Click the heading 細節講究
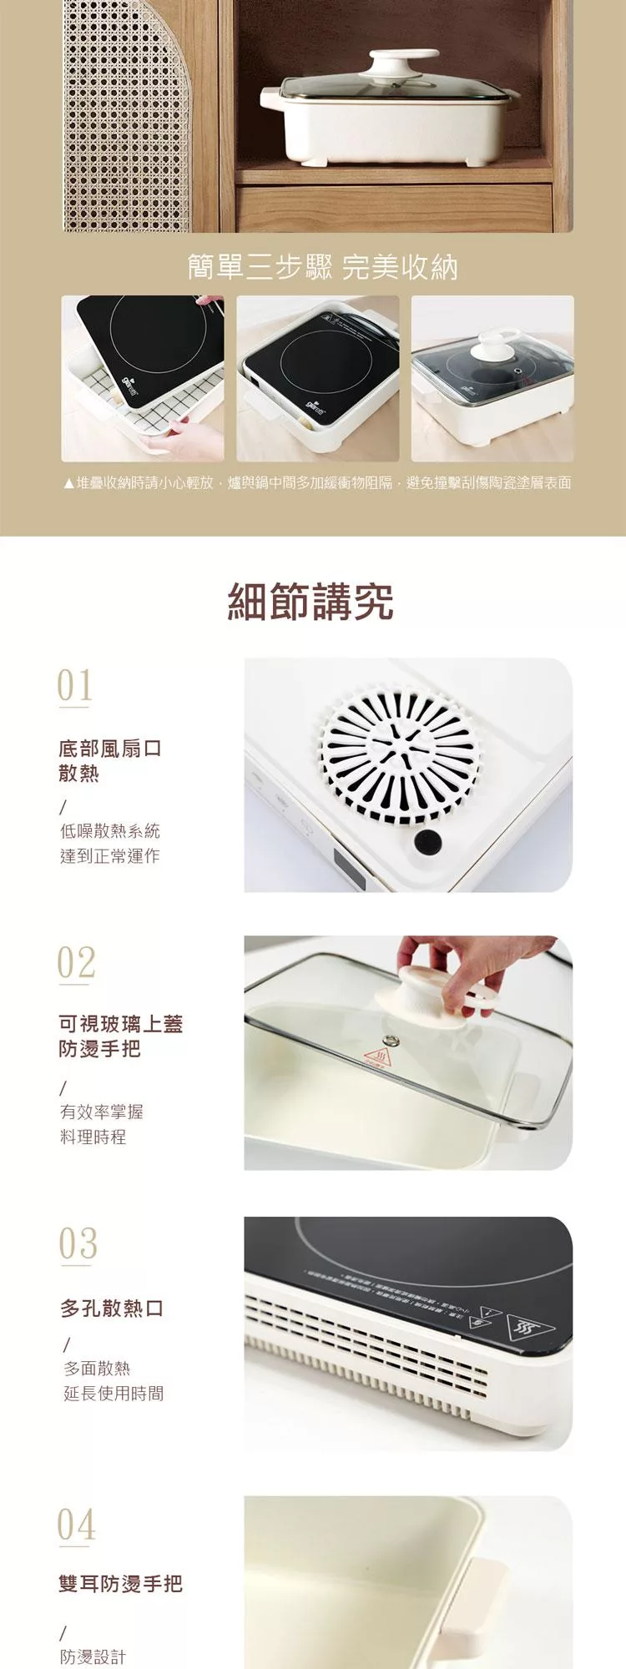pyautogui.click(x=310, y=602)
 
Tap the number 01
pyautogui.click(x=74, y=686)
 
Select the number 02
pyautogui.click(x=76, y=963)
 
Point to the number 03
pyautogui.click(x=78, y=1244)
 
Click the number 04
pyautogui.click(x=76, y=1525)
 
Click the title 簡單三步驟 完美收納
pyautogui.click(x=322, y=267)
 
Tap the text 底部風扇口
pyautogui.click(x=109, y=748)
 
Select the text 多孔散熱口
pyautogui.click(x=112, y=1308)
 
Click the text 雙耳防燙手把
pyautogui.click(x=120, y=1583)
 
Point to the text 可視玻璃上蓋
pyautogui.click(x=120, y=1024)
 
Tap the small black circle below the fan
pyautogui.click(x=427, y=841)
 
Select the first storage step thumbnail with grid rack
pyautogui.click(x=143, y=378)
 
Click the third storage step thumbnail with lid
pyautogui.click(x=492, y=378)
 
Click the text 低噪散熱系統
pyautogui.click(x=109, y=830)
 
